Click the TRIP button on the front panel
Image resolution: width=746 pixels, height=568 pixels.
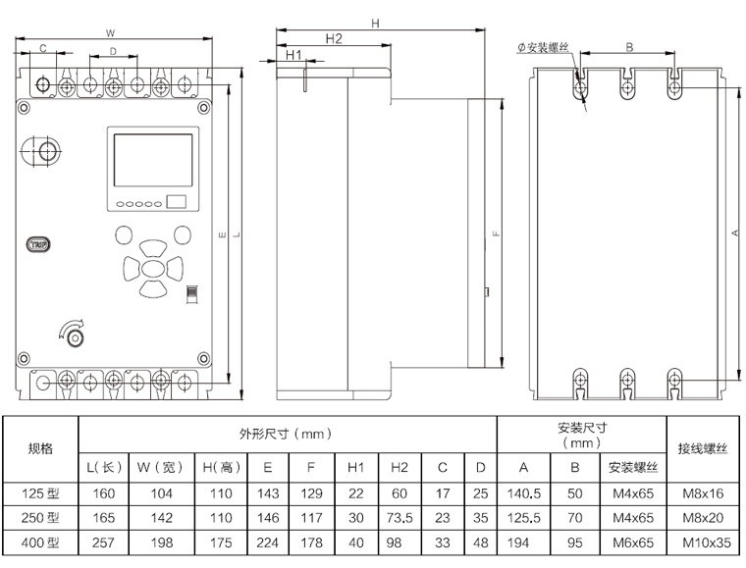click(x=38, y=243)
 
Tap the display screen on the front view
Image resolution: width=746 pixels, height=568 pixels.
click(x=153, y=160)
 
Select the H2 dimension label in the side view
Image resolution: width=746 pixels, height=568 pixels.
click(x=333, y=38)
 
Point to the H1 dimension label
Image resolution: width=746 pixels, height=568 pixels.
click(x=293, y=55)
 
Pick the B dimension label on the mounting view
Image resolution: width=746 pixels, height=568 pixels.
click(x=629, y=46)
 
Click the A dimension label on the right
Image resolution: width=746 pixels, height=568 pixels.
click(x=735, y=232)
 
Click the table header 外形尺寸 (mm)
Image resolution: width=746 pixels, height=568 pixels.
click(x=286, y=434)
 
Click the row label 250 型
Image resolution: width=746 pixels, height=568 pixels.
click(x=40, y=517)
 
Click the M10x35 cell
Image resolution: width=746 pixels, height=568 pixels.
click(x=702, y=542)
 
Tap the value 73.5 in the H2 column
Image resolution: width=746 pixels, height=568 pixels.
click(x=400, y=517)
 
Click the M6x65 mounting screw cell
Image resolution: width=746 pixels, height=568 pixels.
click(x=631, y=542)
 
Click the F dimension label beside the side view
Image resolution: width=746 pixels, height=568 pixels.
click(x=497, y=234)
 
